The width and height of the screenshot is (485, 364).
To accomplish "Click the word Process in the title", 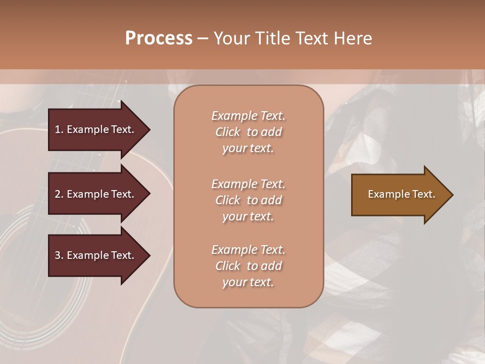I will pos(159,38).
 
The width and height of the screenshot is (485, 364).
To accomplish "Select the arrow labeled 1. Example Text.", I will pos(96,129).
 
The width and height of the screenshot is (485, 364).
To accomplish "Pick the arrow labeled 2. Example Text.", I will pos(96,194).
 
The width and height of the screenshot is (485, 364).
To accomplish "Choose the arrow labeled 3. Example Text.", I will pos(96,255).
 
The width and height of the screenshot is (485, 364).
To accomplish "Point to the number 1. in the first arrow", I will pos(59,129).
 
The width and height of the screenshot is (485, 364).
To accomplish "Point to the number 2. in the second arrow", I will pos(59,194).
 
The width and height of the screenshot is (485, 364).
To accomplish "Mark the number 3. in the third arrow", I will pos(59,255).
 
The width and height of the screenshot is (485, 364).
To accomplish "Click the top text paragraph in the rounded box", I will pos(248,132).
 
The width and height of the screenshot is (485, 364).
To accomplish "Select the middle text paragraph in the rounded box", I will pos(248,200).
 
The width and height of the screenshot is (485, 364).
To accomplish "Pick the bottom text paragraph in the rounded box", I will pos(248,266).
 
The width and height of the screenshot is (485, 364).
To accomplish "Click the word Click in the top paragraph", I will pos(228,132).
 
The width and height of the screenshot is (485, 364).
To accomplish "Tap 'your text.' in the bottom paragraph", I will pos(248,282).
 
